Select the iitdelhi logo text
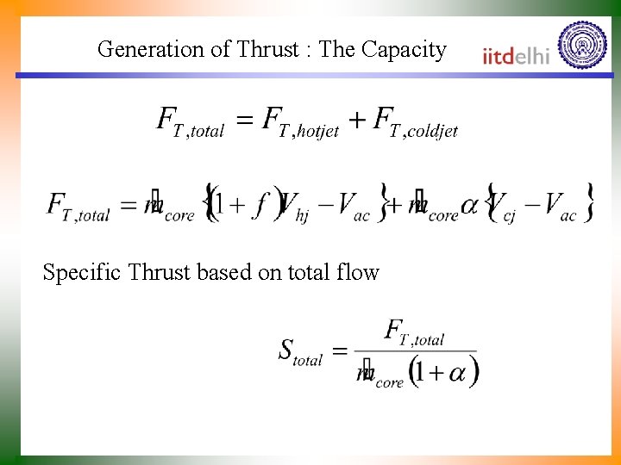(516, 56)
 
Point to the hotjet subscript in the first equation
(316, 132)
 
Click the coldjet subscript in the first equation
(430, 132)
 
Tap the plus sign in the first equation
(356, 121)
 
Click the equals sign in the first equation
(245, 121)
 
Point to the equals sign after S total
(340, 351)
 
